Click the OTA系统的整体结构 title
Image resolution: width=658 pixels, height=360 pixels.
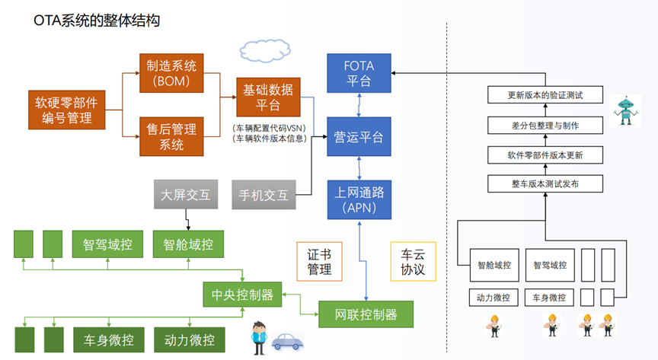(x=96, y=21)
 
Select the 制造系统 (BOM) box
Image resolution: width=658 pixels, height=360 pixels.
(x=172, y=73)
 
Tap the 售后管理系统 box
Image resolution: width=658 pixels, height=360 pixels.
(x=172, y=136)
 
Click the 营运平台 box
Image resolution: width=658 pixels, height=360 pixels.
(x=358, y=137)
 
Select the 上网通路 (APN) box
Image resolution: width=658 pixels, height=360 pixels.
(x=358, y=199)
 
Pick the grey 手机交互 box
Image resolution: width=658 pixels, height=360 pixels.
(x=264, y=195)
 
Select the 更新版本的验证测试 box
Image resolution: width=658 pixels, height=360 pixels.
(x=545, y=96)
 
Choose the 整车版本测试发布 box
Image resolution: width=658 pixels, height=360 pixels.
(x=545, y=183)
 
